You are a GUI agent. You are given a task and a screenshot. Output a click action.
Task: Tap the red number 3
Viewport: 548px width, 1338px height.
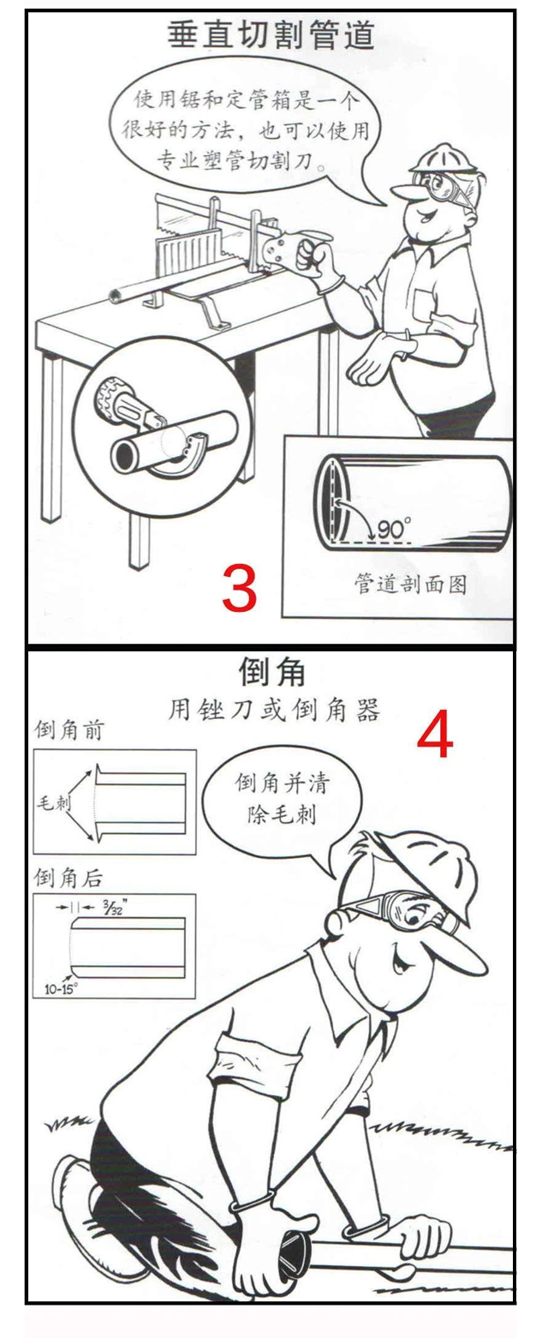click(239, 588)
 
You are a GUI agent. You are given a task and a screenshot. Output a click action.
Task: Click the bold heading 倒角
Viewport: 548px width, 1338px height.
click(271, 671)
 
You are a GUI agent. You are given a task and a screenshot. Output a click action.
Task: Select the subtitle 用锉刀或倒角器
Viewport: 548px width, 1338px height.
click(273, 711)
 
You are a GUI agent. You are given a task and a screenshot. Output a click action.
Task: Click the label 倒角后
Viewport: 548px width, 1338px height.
click(67, 876)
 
